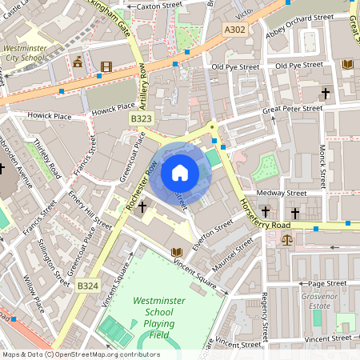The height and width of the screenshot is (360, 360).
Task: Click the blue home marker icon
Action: pyautogui.click(x=179, y=173)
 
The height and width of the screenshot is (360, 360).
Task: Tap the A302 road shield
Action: pyautogui.click(x=234, y=30)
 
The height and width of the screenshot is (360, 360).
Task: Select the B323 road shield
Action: pyautogui.click(x=141, y=118)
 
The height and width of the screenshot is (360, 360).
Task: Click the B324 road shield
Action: pyautogui.click(x=87, y=285)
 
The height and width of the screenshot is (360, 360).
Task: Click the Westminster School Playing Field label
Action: pyautogui.click(x=154, y=318)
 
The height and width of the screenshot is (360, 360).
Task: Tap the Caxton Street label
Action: pyautogui.click(x=160, y=6)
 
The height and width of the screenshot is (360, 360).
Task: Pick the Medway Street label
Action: pyautogui.click(x=282, y=193)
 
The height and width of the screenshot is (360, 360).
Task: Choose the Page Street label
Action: pyautogui.click(x=326, y=283)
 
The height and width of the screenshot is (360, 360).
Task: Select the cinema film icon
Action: pyautogui.click(x=106, y=66)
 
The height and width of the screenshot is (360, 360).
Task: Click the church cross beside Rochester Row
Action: pyautogui.click(x=142, y=207)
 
